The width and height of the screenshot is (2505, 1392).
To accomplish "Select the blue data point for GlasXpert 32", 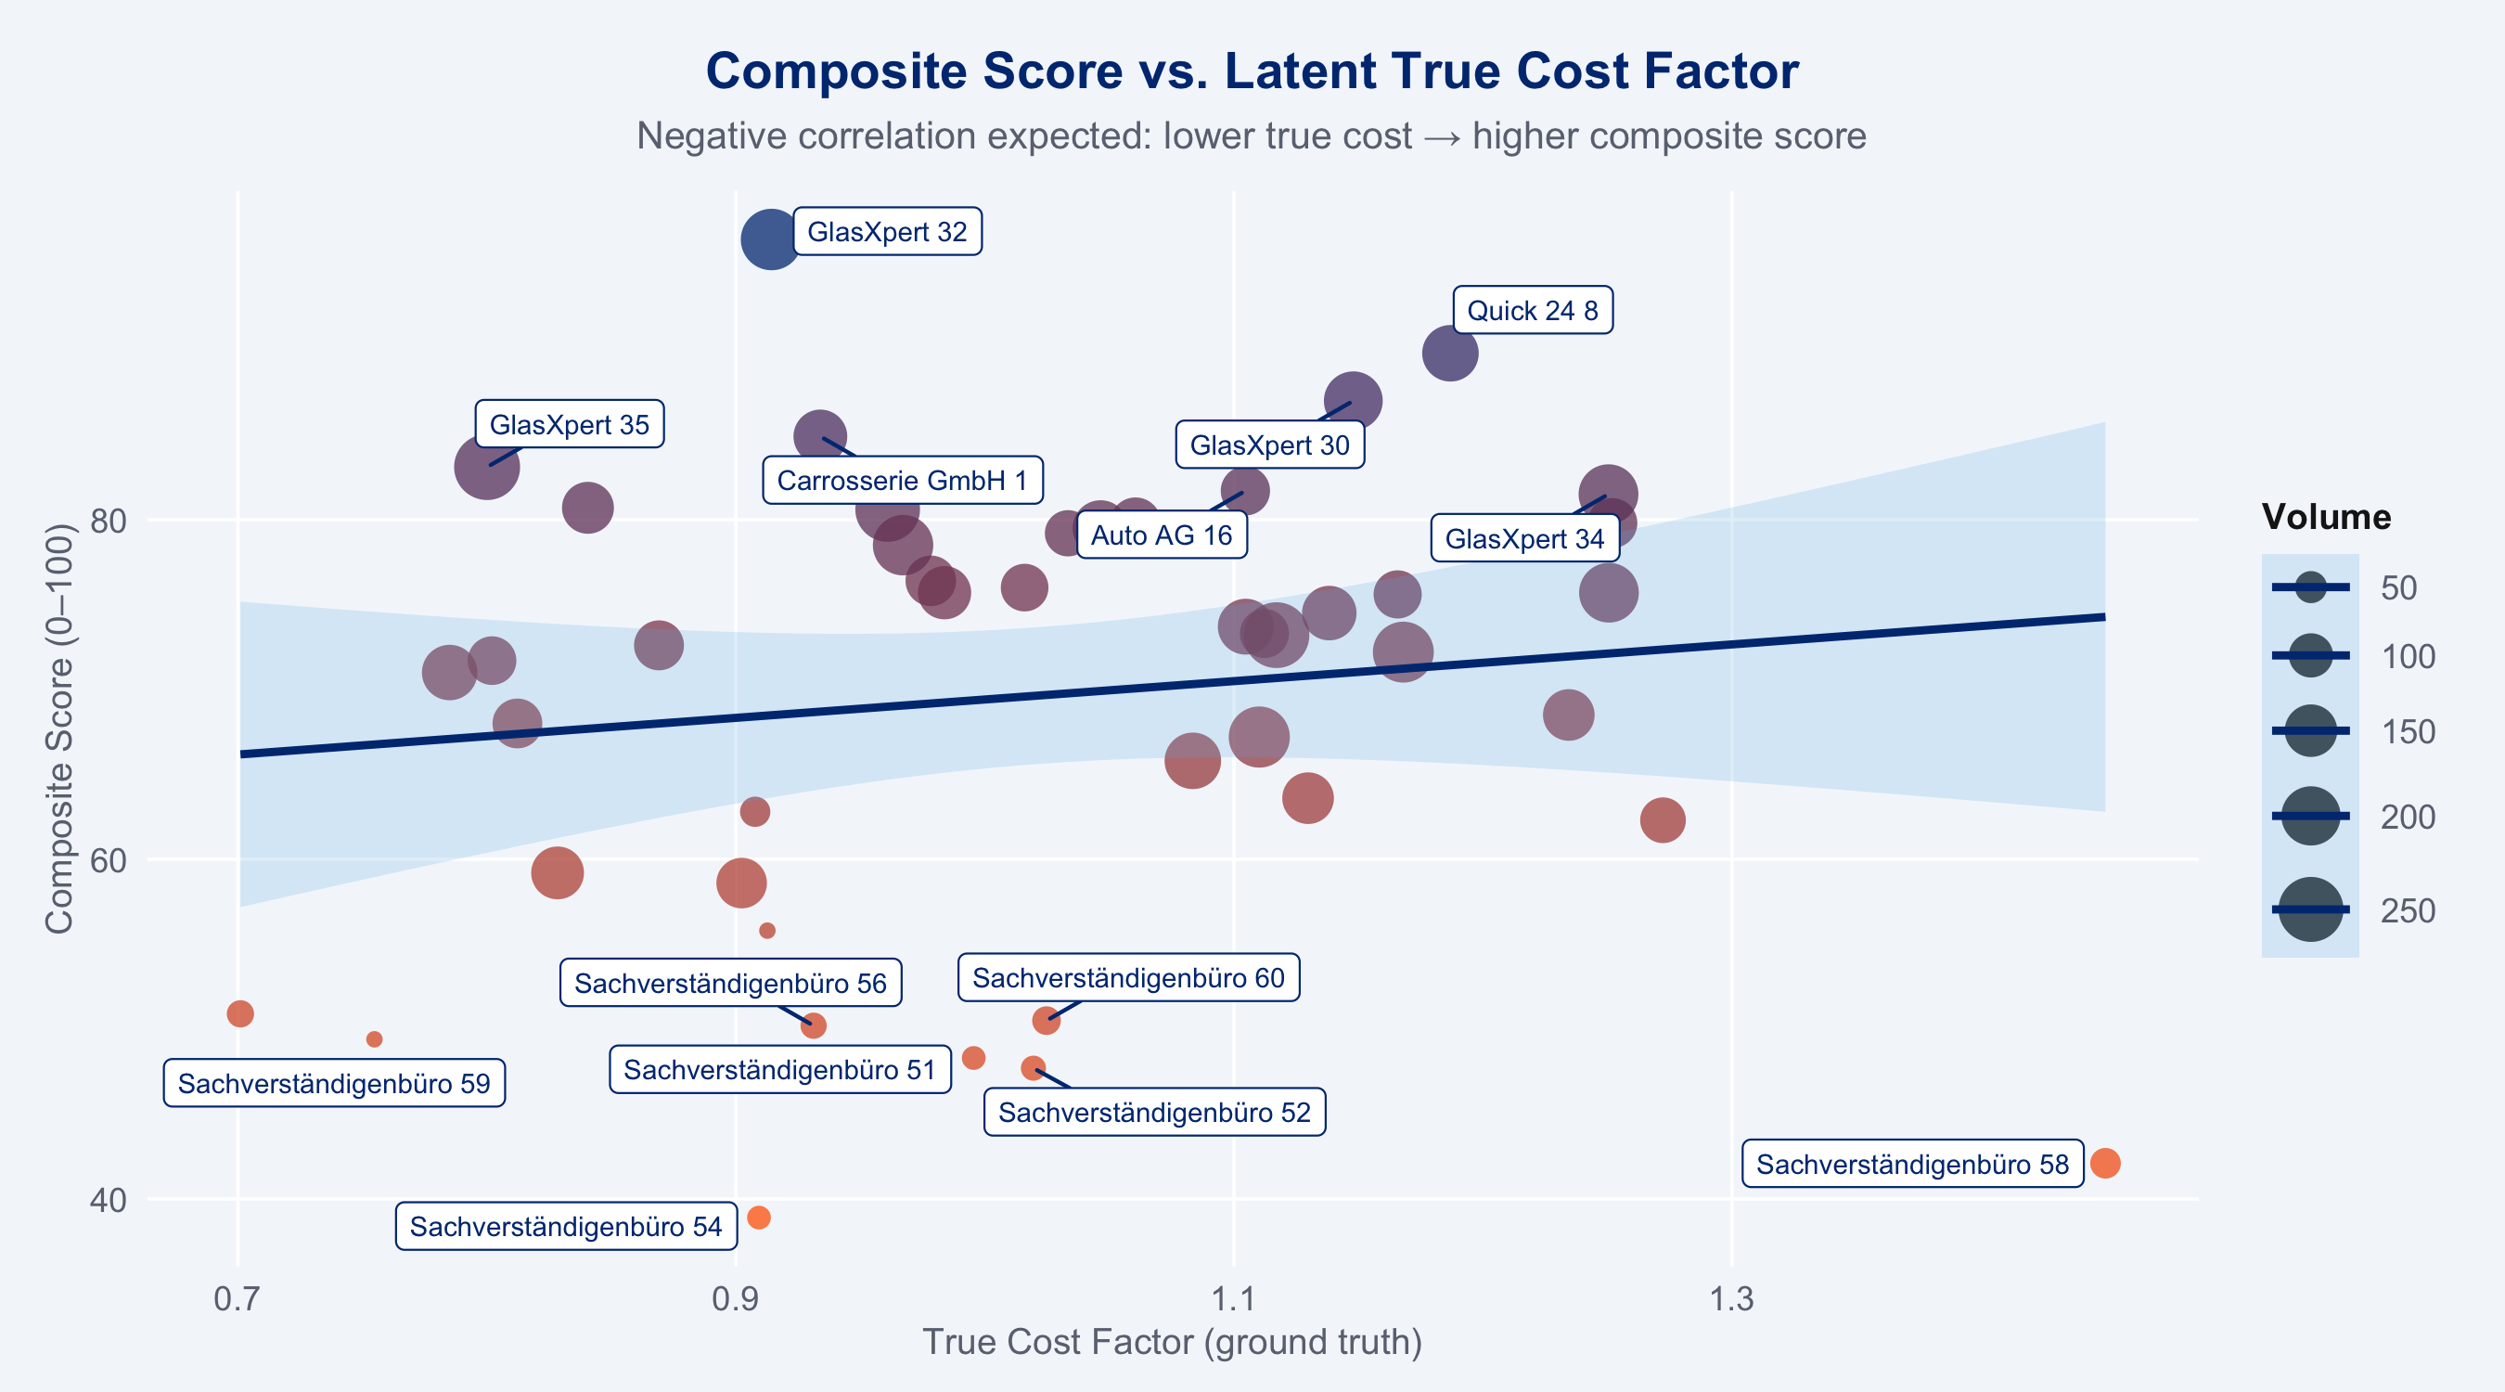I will point(770,238).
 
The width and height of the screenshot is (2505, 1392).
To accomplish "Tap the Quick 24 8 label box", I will point(1533,310).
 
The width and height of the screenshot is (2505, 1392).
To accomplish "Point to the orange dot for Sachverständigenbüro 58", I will point(2104,1163).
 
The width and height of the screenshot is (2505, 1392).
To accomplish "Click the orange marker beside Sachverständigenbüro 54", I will point(759,1218).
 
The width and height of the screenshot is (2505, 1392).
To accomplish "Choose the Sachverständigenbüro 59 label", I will point(334,1084).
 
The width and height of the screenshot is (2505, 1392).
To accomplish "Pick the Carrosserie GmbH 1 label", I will point(902,481).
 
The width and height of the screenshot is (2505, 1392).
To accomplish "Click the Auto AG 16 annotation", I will point(1161,535).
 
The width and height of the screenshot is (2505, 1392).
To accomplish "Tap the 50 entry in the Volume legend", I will point(2398,587).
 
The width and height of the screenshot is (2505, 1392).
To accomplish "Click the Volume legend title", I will point(2326,517).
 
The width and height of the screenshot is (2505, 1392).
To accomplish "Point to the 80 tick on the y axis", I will point(108,521).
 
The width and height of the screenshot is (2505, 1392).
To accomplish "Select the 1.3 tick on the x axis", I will point(1731,1298).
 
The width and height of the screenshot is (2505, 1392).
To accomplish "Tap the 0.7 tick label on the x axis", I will point(238,1298).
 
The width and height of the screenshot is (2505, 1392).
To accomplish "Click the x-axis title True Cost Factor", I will point(1172,1343).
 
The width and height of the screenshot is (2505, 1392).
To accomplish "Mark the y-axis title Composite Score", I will point(58,728).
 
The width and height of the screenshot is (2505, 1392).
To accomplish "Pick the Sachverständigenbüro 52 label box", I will point(1154,1113).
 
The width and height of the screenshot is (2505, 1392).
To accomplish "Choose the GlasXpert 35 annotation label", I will point(569,424).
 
